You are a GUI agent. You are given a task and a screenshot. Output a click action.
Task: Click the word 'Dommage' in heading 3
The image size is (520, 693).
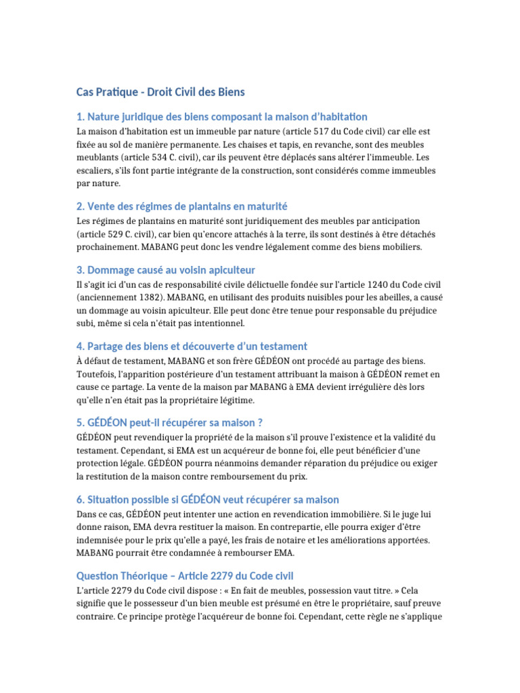click(112, 269)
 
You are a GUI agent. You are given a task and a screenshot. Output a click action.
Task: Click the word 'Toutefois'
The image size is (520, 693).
click(97, 374)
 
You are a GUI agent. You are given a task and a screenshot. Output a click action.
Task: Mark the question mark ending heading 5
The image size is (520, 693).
click(259, 423)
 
